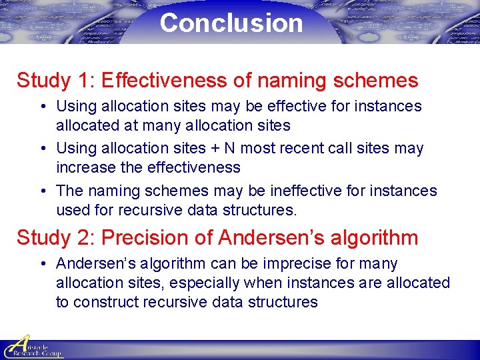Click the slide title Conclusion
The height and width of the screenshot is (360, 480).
[x=231, y=23]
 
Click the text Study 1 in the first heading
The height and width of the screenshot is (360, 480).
[x=55, y=81]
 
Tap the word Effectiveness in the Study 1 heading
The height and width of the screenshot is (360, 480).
[x=163, y=81]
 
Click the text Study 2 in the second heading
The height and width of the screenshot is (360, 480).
[x=55, y=237]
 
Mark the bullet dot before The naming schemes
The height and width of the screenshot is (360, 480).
[x=42, y=191]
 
